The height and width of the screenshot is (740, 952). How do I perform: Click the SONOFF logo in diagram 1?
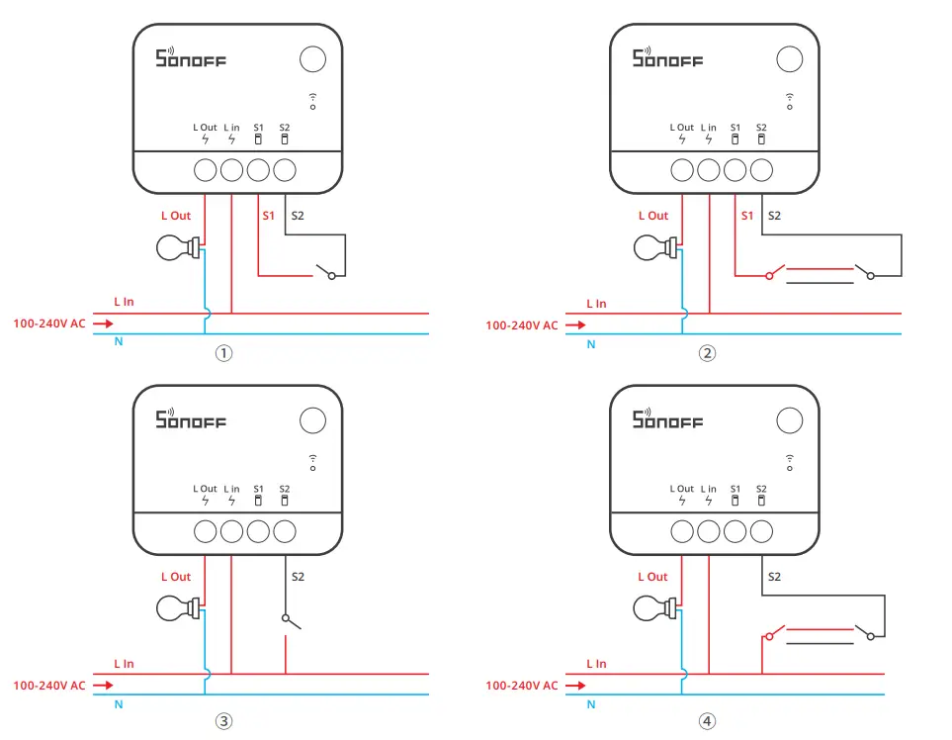tap(191, 58)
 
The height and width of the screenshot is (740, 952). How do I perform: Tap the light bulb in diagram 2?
tap(652, 247)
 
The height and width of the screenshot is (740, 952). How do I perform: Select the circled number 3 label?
tap(224, 721)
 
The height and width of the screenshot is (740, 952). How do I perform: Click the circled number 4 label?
tap(706, 721)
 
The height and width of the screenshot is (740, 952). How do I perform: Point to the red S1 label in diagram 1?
tap(268, 216)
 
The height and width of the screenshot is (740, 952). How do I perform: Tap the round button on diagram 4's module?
tap(789, 420)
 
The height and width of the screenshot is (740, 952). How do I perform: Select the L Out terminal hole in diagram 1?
tap(205, 170)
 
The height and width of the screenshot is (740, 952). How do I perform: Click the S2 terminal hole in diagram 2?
tap(761, 170)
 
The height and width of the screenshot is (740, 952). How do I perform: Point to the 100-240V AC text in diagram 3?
tap(48, 685)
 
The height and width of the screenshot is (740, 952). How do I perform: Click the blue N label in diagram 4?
tap(591, 705)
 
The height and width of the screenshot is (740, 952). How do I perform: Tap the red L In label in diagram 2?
tap(596, 304)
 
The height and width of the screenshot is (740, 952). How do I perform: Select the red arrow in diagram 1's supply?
tap(102, 324)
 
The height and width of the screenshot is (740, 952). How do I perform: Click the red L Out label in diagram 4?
tap(653, 577)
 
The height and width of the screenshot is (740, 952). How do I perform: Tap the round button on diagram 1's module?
tap(312, 59)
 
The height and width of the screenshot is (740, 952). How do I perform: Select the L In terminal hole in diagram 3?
tap(231, 531)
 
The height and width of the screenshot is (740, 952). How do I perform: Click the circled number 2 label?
tap(706, 353)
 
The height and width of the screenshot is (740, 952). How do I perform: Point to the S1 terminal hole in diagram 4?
tap(735, 531)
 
